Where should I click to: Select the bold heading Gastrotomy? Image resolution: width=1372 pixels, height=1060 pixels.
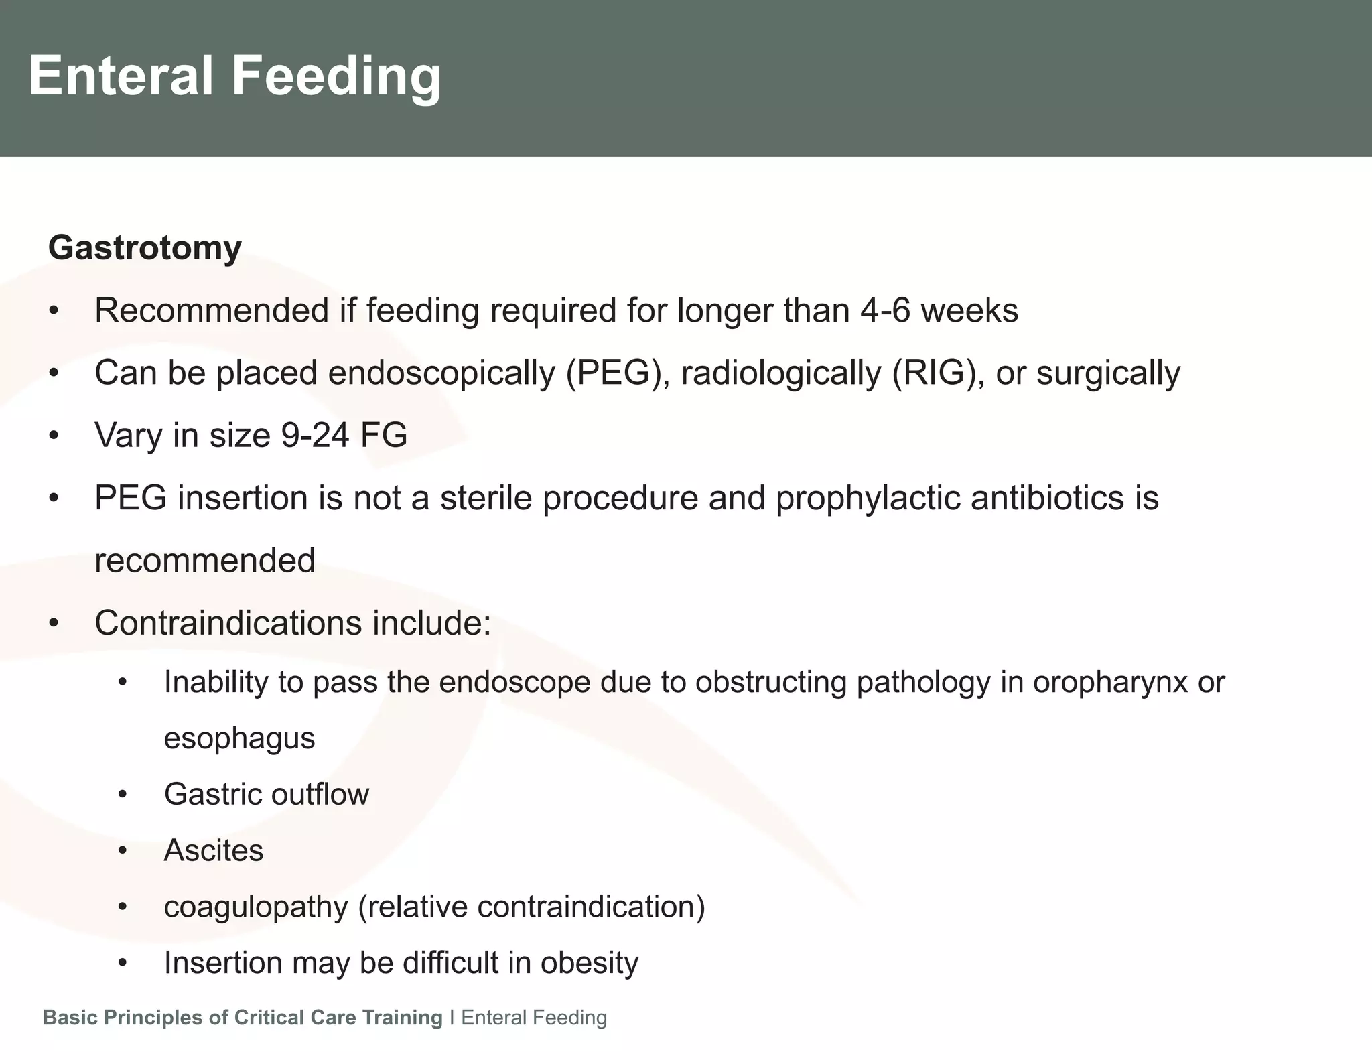[145, 248]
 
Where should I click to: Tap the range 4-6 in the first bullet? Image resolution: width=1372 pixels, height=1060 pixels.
[884, 311]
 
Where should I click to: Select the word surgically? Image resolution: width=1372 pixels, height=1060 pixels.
[1108, 373]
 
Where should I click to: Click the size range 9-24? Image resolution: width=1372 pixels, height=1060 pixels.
[315, 436]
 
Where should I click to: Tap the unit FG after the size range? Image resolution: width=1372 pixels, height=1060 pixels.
[384, 436]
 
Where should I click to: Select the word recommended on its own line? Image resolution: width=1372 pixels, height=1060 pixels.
[204, 561]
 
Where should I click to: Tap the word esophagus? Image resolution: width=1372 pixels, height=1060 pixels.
[239, 739]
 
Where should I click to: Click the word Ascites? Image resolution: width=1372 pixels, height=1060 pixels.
[214, 851]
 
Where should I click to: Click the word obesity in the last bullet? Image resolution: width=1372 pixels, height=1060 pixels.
[590, 963]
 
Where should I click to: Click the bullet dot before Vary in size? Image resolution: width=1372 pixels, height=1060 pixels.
[54, 436]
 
